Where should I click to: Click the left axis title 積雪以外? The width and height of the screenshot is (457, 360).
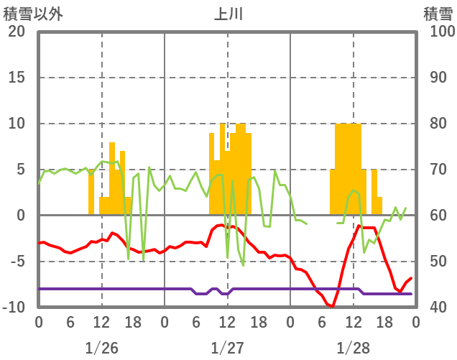click(x=28, y=14)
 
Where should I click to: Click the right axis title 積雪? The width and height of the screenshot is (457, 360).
click(x=438, y=14)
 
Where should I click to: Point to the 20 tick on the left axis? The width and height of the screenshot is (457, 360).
click(x=17, y=32)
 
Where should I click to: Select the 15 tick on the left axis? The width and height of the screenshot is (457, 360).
click(x=17, y=78)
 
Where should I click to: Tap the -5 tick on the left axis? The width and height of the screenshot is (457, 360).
click(x=17, y=262)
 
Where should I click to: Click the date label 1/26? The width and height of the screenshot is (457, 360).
click(x=101, y=348)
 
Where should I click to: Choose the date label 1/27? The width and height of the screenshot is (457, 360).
click(x=227, y=348)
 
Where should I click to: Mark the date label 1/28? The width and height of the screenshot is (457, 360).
click(x=353, y=348)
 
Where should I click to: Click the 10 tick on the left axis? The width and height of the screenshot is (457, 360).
click(x=17, y=124)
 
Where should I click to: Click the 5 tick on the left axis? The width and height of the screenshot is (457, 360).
click(x=20, y=170)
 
